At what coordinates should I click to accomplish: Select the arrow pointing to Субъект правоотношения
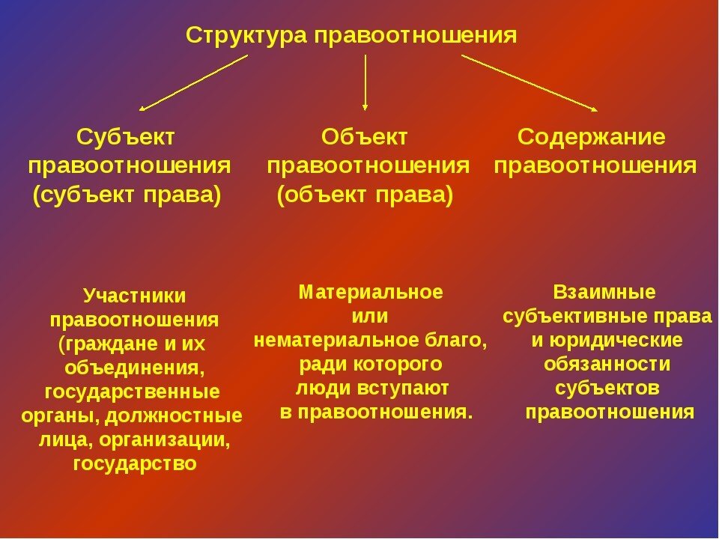pos(192,83)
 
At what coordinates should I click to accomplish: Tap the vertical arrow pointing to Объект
pos(365,82)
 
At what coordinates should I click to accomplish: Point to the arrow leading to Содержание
pos(530,82)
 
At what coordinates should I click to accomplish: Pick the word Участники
pos(134,296)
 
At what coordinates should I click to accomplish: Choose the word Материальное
pos(370,292)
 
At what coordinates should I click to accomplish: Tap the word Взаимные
pos(604,292)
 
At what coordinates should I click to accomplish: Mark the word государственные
pos(133,392)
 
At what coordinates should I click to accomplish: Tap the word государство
pos(135,463)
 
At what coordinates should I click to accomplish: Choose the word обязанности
pos(607,365)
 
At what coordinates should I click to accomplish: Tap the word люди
pos(321,389)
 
